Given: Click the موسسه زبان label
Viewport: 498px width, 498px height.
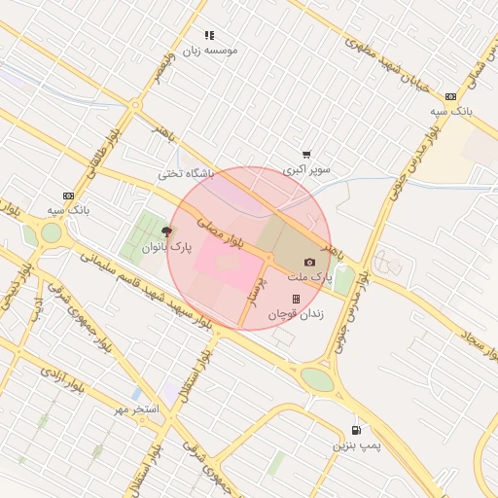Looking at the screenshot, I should pyautogui.click(x=210, y=50).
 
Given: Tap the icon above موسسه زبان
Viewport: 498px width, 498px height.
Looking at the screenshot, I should pyautogui.click(x=209, y=35).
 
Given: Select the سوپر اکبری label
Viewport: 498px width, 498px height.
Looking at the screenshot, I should pyautogui.click(x=306, y=169).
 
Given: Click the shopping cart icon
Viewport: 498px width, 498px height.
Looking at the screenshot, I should pyautogui.click(x=306, y=154).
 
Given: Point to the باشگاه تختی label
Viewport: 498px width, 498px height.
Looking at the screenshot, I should pyautogui.click(x=185, y=175).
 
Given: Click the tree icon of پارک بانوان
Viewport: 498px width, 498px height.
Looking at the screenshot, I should pyautogui.click(x=166, y=231).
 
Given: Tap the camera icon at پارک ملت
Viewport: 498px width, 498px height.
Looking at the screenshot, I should pyautogui.click(x=309, y=262).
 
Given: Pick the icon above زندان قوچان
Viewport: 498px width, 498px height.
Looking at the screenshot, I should pyautogui.click(x=296, y=299).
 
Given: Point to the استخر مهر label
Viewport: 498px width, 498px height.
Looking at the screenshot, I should pyautogui.click(x=134, y=409).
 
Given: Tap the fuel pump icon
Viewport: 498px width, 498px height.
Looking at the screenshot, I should pyautogui.click(x=356, y=430).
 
